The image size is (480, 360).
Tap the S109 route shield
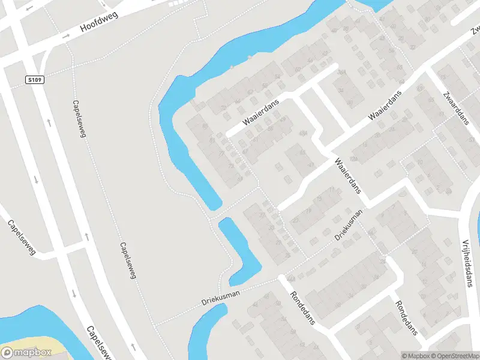(x=34, y=79)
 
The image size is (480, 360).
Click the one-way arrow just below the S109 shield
(x=49, y=122)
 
